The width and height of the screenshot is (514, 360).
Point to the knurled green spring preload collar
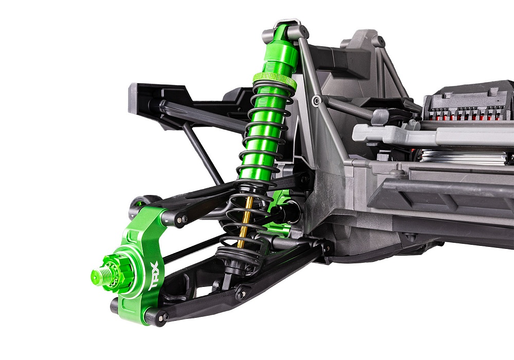274,80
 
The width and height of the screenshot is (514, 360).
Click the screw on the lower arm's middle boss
241,295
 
